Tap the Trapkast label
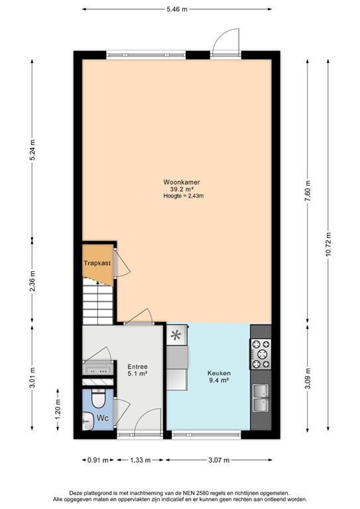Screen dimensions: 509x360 (x=97, y=263)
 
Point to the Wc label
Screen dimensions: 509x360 (x=103, y=418)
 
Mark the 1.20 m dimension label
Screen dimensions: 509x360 (x=58, y=414)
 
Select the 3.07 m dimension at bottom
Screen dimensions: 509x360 (x=219, y=460)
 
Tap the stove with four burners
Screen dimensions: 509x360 (x=261, y=353)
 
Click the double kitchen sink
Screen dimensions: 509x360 (x=261, y=398)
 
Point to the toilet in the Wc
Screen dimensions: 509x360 (x=97, y=400)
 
